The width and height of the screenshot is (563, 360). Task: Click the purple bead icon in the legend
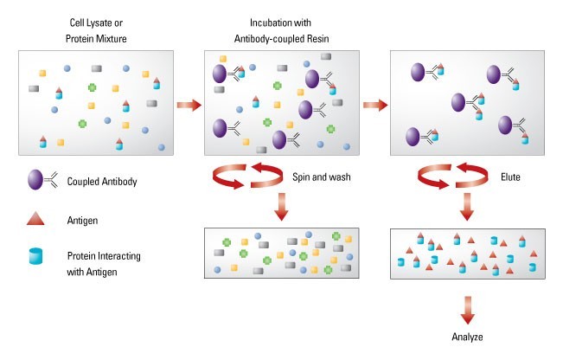point(36,180)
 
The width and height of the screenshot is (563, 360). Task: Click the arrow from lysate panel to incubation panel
point(189,106)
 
